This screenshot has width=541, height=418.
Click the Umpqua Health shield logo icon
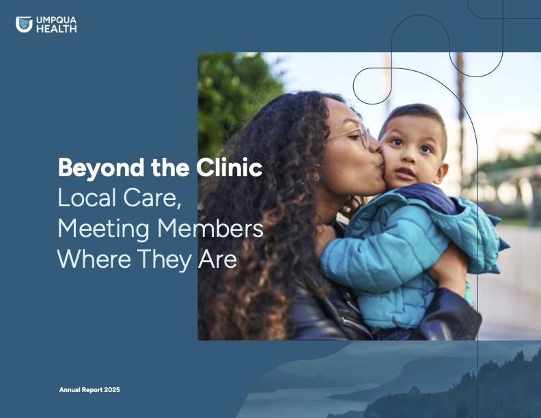point(24,25)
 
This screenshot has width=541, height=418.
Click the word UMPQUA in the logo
point(56,20)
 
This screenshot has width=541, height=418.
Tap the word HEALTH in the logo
point(56,29)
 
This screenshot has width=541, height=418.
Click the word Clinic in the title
point(230,167)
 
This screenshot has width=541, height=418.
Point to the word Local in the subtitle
point(87,197)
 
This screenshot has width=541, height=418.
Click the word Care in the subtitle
point(152,198)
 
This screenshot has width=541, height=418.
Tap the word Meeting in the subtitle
point(103,229)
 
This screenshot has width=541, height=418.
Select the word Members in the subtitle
point(210,228)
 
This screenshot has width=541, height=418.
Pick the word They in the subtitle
point(165,260)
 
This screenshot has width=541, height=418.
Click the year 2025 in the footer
point(112,390)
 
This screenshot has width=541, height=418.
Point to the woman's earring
point(315,176)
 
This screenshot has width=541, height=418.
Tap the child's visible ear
point(441,173)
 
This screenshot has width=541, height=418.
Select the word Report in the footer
point(94,390)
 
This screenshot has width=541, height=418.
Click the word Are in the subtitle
point(218,259)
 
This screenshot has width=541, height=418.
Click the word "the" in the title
point(170,167)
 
